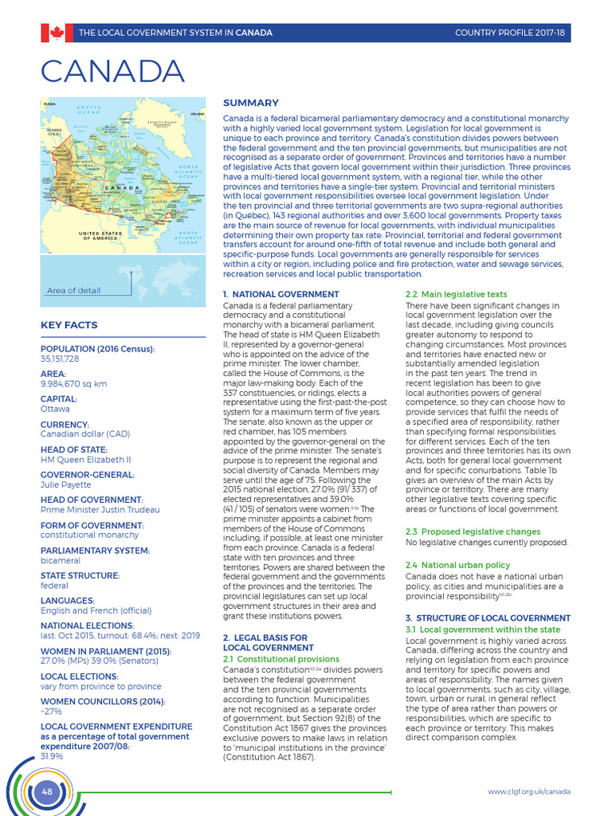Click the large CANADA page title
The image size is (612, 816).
[112, 73]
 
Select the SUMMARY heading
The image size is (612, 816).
[250, 103]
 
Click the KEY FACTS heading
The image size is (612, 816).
[69, 325]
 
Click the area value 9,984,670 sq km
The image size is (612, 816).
[73, 383]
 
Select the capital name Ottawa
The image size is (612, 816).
[55, 409]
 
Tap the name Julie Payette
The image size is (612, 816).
[65, 484]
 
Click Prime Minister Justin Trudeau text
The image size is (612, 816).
[100, 509]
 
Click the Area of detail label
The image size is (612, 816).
[73, 290]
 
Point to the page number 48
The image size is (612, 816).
[46, 791]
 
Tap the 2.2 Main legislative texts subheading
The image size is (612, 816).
[456, 295]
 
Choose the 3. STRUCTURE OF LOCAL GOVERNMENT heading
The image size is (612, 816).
[488, 618]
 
